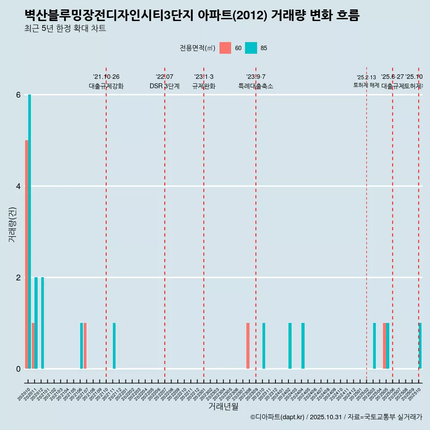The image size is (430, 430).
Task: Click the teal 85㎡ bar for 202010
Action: pos(30,232)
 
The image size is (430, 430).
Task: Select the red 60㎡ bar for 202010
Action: pos(26,254)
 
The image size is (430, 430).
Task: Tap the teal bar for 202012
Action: pos(43,323)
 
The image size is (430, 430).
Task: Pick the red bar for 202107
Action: pos(85,346)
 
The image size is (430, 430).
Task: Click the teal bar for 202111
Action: pos(114,346)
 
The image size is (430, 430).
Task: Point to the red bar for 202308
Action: pos(248,346)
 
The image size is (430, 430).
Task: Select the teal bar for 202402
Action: pos(290,346)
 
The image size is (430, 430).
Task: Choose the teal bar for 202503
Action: pos(374,346)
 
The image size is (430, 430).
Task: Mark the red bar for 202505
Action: pos(384,346)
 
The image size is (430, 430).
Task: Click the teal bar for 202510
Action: pos(420,346)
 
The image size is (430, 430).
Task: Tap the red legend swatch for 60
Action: pos(225,48)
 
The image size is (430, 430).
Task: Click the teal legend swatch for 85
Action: pos(251,48)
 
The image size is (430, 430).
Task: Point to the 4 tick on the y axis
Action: pos(18,186)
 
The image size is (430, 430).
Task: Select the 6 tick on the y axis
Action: pos(18,95)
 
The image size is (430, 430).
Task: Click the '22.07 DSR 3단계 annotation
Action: pos(164,82)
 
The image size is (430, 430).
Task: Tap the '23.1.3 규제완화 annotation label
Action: pos(204,82)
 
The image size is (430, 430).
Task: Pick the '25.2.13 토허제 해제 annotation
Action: pos(366,82)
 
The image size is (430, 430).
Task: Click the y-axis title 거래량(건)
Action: pos(13,225)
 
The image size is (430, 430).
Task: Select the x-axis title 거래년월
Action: pos(223,406)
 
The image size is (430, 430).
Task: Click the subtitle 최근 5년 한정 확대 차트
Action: pos(65,29)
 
